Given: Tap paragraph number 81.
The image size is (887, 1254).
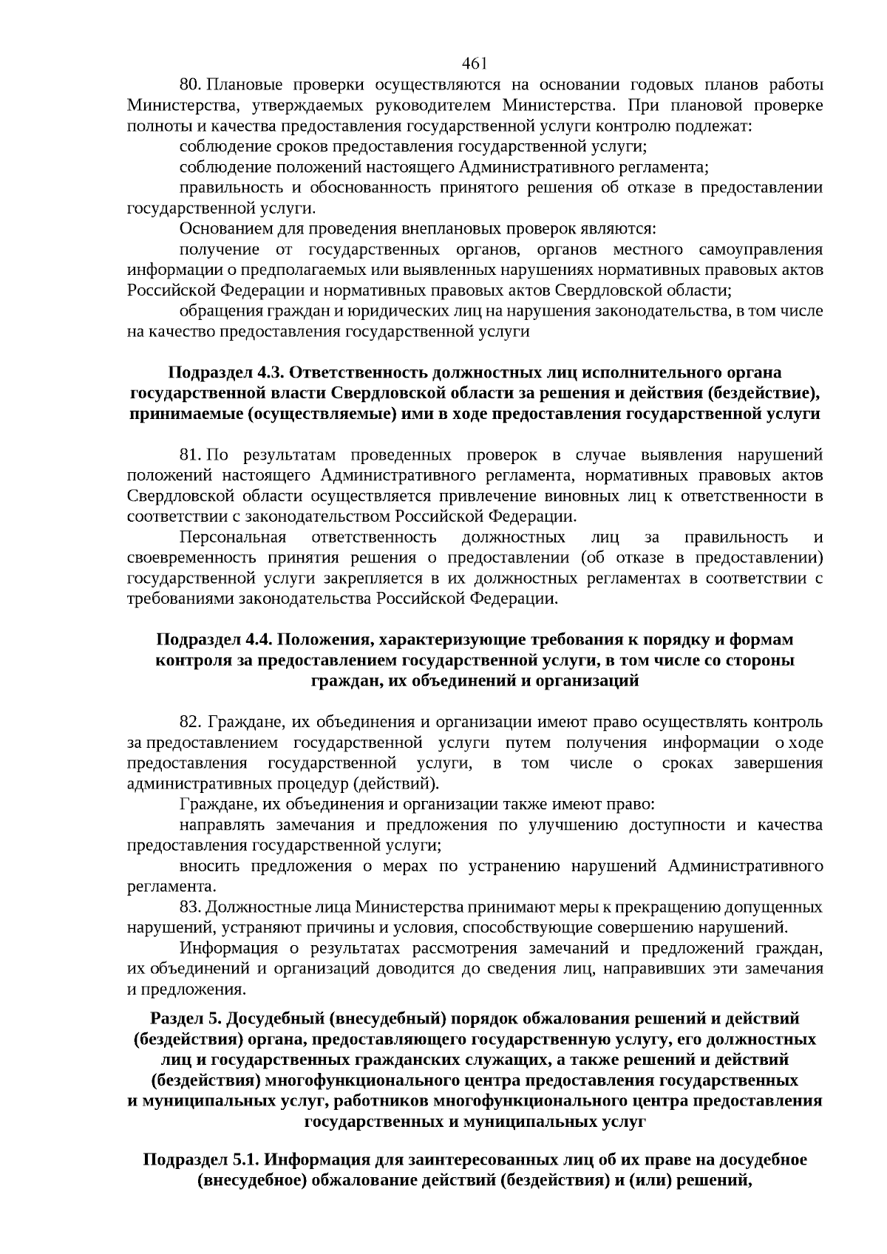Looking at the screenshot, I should (x=191, y=454).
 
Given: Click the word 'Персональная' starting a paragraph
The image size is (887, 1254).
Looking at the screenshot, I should (x=233, y=536).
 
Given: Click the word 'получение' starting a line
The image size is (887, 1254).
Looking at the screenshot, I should (x=220, y=249).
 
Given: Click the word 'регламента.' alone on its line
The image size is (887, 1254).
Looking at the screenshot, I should (x=171, y=886).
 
